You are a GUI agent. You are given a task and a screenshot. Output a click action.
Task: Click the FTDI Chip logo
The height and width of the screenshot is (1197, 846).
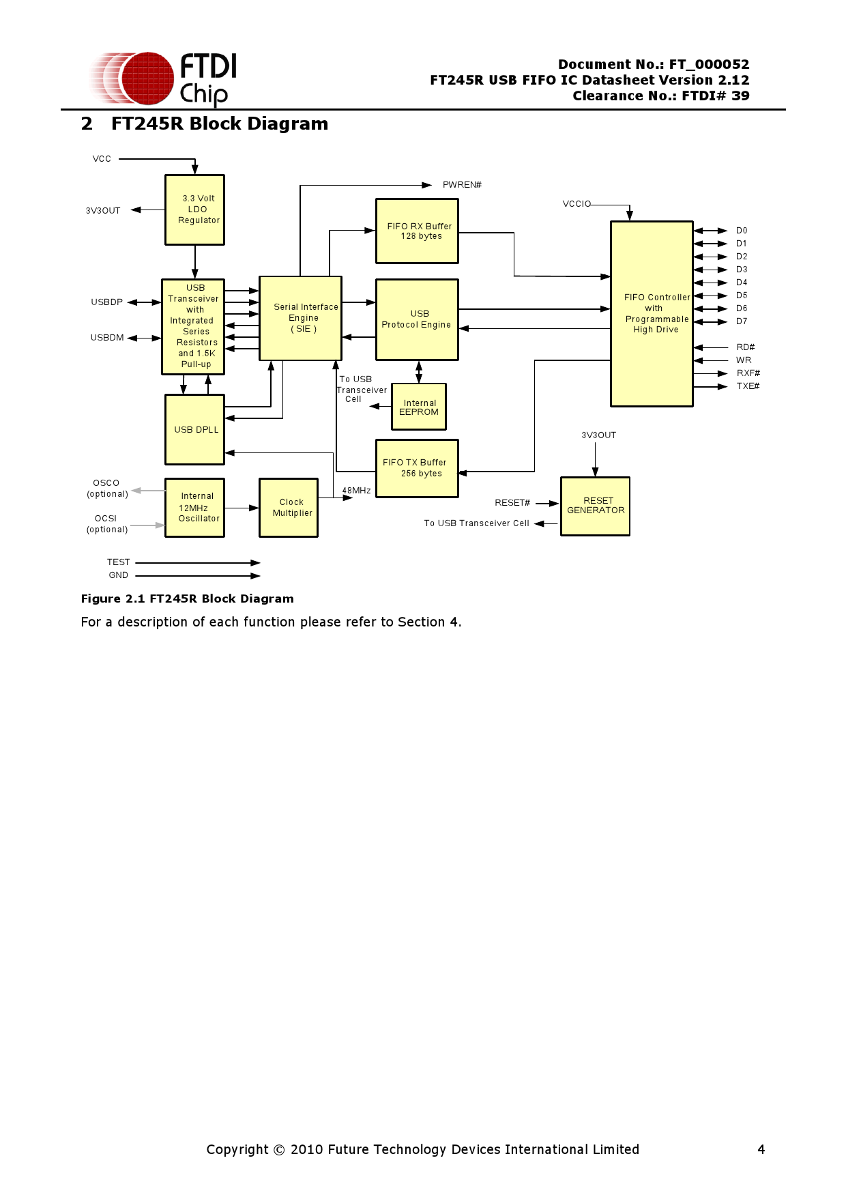point(164,79)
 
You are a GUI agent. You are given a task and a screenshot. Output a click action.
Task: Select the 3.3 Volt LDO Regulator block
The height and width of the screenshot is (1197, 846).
point(194,210)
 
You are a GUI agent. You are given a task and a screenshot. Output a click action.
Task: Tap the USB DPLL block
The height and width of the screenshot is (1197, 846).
point(194,429)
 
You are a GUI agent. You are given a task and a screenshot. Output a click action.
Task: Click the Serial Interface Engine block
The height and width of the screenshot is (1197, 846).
point(300,318)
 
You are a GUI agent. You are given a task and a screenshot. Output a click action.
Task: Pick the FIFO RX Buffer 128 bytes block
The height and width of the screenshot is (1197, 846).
point(417,231)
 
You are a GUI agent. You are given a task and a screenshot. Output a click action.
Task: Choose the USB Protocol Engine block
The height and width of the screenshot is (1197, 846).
point(417,319)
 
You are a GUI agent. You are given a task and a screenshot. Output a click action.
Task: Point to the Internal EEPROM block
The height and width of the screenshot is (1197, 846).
point(419,407)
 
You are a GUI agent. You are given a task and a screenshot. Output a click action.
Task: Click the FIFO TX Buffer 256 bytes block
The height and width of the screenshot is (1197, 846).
point(417,468)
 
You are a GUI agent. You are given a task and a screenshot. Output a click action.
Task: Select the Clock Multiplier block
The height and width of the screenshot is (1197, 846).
point(289,508)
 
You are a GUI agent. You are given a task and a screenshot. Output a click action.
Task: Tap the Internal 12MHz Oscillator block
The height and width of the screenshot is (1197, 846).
point(194,508)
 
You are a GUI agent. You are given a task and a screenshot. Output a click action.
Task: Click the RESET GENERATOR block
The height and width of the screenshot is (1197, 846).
point(595,506)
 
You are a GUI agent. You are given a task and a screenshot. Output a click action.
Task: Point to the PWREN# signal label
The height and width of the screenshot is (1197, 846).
point(462,185)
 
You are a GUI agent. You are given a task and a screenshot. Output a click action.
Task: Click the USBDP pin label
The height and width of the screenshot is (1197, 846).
point(107,302)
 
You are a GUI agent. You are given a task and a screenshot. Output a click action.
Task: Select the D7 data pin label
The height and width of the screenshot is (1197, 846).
point(742,321)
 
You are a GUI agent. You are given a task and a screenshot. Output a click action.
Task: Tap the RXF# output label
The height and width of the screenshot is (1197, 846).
point(748,373)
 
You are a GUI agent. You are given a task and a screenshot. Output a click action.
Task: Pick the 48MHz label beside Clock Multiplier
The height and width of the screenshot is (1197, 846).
point(356,491)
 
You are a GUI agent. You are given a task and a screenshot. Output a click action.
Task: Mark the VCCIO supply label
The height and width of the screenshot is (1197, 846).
point(577,204)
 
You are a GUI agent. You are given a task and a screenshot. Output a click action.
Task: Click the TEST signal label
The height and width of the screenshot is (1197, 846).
point(118,562)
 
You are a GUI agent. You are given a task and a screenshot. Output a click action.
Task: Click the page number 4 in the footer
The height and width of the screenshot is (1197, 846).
point(761,1149)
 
